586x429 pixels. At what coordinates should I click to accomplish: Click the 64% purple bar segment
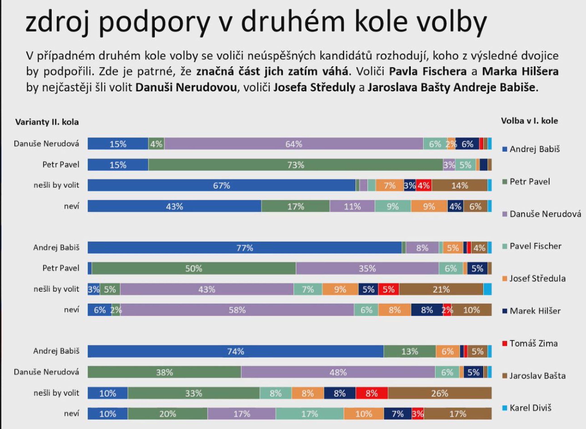(293, 144)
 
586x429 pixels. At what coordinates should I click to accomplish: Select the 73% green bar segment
(296, 165)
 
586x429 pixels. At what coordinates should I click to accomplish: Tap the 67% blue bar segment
(221, 185)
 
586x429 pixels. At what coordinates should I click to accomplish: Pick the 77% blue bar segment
(245, 248)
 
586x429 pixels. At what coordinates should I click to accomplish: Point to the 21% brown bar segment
(441, 289)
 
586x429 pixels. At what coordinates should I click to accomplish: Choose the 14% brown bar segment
(459, 185)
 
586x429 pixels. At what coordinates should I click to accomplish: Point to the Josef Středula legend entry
(534, 278)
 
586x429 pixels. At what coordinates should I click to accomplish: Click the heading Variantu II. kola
(47, 122)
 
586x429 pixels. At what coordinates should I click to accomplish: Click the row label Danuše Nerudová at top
(46, 144)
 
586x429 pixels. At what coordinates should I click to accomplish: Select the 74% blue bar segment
(235, 351)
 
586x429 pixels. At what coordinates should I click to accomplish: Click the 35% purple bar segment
(367, 268)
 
